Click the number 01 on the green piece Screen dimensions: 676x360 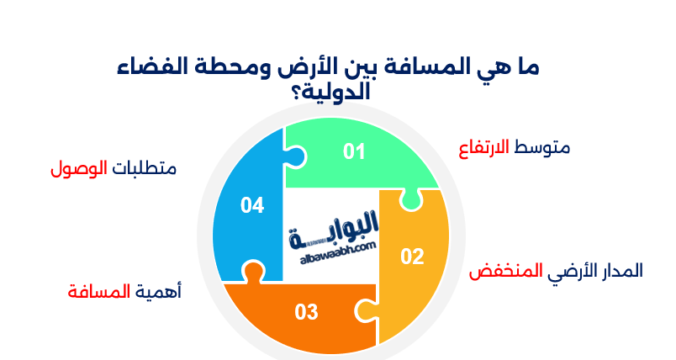click(354, 151)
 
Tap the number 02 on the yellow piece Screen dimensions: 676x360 click(412, 257)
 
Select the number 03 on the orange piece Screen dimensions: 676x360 click(307, 312)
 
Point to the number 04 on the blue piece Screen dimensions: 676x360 click(252, 205)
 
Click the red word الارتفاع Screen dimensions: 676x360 click(483, 149)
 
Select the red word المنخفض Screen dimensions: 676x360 click(505, 271)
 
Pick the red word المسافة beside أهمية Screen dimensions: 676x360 click(99, 292)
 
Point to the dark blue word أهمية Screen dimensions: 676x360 click(158, 293)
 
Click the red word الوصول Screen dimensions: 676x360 click(79, 168)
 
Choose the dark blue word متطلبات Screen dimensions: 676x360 click(145, 168)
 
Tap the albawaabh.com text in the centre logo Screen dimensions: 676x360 click(337, 253)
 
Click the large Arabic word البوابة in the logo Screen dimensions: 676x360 click(334, 230)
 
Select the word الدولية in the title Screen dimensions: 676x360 click(337, 93)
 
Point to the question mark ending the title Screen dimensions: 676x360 click(298, 93)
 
